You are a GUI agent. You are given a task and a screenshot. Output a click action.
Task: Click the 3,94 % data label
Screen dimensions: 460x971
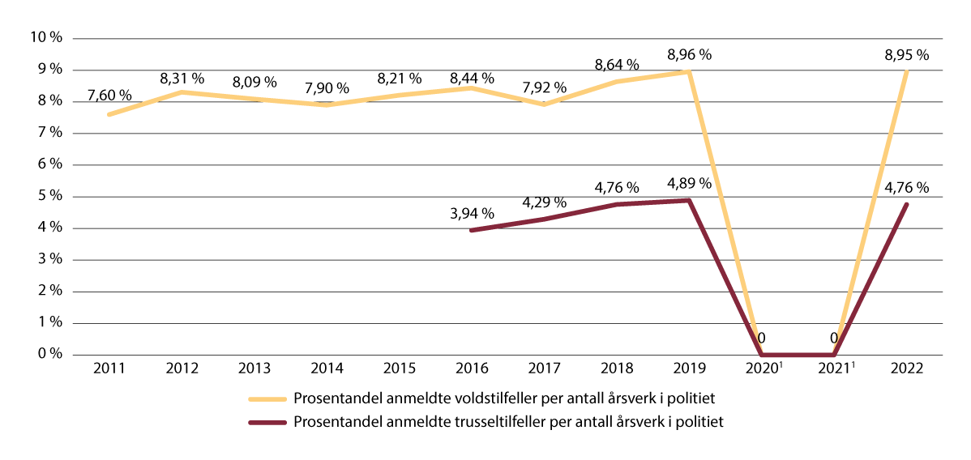[x=470, y=214]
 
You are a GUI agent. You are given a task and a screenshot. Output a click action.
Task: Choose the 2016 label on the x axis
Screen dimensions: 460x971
[x=471, y=369]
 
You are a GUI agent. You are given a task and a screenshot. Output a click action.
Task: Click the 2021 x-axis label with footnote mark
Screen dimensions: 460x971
[x=835, y=369]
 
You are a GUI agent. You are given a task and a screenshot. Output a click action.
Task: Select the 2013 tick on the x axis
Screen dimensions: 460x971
[x=254, y=369]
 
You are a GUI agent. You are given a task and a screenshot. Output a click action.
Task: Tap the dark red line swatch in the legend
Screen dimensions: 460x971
[x=268, y=422]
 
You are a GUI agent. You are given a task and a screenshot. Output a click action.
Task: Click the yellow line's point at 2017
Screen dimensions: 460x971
[x=544, y=104]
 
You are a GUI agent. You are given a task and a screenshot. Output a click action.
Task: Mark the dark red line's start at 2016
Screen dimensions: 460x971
[x=471, y=230]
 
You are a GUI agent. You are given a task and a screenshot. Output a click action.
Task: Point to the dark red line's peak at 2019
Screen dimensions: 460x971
[x=689, y=200]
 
